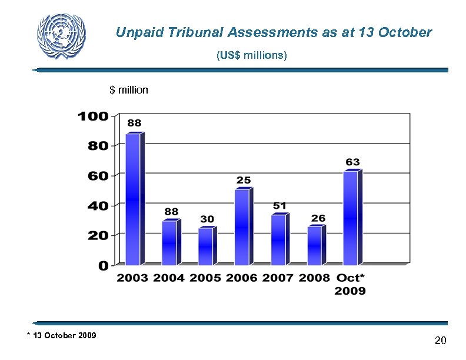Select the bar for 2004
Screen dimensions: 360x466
click(170, 242)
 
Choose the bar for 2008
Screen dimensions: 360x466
click(315, 245)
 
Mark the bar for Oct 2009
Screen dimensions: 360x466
click(351, 218)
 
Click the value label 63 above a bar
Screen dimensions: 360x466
click(352, 162)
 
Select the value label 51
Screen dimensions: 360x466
click(280, 205)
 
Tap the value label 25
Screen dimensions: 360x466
click(244, 179)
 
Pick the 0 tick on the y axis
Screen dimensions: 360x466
click(103, 265)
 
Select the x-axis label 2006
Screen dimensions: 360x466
click(242, 278)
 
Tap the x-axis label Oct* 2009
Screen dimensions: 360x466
click(351, 284)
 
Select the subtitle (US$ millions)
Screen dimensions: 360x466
click(251, 56)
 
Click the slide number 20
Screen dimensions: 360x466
click(440, 341)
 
